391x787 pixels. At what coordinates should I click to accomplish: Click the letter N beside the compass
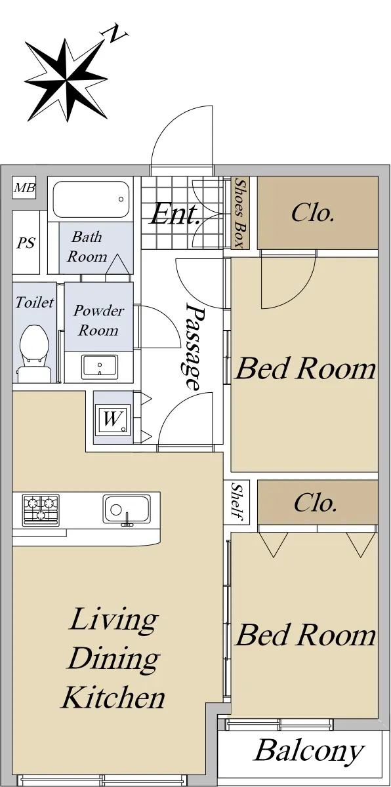pos(115,33)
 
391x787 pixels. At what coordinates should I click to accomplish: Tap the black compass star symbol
pos(66,80)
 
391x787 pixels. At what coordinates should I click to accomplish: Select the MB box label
pos(24,188)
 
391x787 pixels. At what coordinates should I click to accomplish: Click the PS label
pos(26,243)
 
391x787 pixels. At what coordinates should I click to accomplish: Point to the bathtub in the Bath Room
pos(91,199)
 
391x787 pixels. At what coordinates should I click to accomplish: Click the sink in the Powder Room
pos(100,367)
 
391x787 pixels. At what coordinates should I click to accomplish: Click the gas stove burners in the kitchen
pos(41,510)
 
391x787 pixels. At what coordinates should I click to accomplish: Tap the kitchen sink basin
pos(127,510)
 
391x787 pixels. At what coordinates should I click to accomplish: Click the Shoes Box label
pos(240,213)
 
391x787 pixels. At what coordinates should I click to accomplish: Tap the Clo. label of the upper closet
pos(313,213)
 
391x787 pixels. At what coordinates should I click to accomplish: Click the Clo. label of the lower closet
pos(315,503)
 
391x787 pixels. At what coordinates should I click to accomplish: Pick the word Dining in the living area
pos(113,658)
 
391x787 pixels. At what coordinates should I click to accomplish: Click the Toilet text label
pos(34,302)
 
